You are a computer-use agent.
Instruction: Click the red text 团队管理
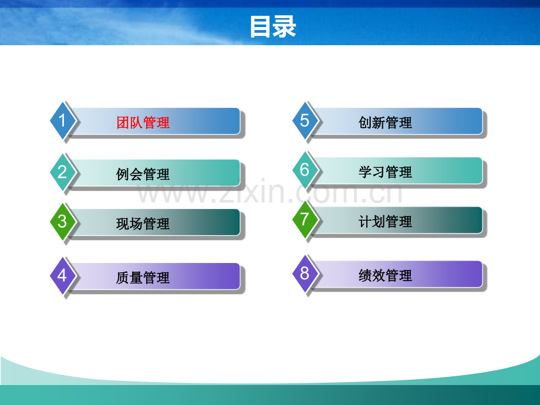tap(143, 123)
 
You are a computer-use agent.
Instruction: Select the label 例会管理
tap(143, 174)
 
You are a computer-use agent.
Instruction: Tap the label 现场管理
tap(143, 224)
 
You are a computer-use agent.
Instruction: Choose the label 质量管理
tap(143, 278)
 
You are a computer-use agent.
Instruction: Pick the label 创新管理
tap(385, 123)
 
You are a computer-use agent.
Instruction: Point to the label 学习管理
tap(385, 172)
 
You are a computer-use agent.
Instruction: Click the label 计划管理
tap(385, 222)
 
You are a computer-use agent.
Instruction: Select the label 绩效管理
tap(385, 275)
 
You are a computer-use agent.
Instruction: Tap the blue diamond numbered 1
tap(62, 121)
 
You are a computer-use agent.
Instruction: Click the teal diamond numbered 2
tap(62, 172)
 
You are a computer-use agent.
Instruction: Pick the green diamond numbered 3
tap(62, 221)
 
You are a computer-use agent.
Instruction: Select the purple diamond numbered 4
tap(62, 275)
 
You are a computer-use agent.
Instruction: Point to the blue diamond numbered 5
tap(305, 120)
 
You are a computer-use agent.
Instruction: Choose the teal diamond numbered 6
tap(305, 170)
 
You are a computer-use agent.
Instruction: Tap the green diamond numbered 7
tap(305, 220)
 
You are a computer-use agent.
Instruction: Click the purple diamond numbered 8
tap(305, 273)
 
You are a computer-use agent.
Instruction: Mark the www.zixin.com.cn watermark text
tap(270, 193)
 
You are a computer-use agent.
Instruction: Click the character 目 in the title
tap(261, 27)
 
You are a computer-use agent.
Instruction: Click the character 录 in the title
tap(285, 27)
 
